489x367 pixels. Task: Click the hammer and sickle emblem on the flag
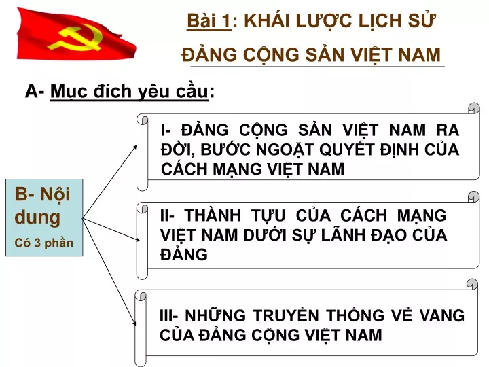[x=75, y=39]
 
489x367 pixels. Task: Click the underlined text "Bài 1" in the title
[x=209, y=21]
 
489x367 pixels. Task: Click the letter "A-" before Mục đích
[x=35, y=91]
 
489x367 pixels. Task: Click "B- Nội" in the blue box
[x=42, y=194]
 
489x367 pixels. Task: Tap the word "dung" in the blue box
[x=37, y=217]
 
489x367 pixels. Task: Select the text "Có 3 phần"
[x=43, y=243]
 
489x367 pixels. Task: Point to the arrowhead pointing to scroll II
[x=137, y=239]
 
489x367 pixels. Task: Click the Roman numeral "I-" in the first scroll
[x=166, y=130]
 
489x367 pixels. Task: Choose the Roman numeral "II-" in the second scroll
[x=167, y=215]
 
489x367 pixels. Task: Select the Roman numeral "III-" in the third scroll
[x=168, y=315]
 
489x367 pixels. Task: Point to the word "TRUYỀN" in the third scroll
[x=285, y=315]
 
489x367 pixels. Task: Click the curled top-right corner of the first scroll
[x=474, y=108]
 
